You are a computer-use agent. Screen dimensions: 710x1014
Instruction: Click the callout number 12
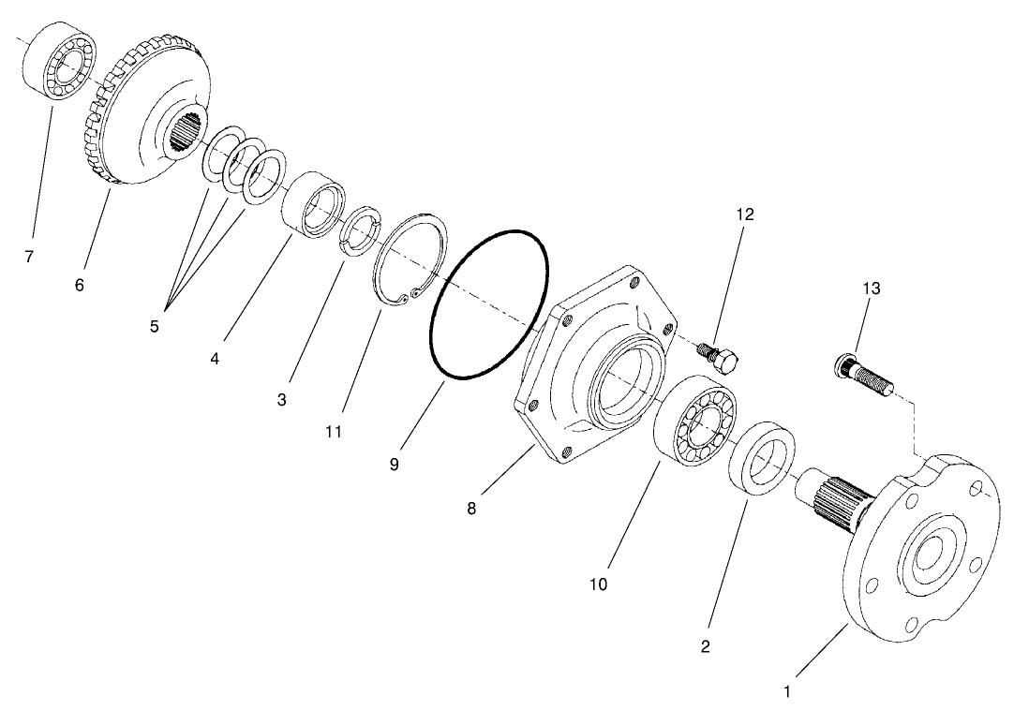click(x=745, y=214)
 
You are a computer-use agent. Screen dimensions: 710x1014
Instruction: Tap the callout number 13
click(x=872, y=288)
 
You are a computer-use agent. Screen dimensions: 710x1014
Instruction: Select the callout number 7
click(x=30, y=256)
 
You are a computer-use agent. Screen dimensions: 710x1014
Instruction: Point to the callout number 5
click(x=155, y=327)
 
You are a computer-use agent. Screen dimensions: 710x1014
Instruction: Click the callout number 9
click(x=394, y=464)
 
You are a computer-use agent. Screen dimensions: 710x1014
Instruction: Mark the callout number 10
click(x=598, y=584)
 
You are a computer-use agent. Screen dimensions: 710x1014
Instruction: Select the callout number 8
click(x=471, y=509)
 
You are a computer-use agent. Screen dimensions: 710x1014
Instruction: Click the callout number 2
click(x=706, y=645)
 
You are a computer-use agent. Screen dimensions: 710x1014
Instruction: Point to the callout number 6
click(x=80, y=285)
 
